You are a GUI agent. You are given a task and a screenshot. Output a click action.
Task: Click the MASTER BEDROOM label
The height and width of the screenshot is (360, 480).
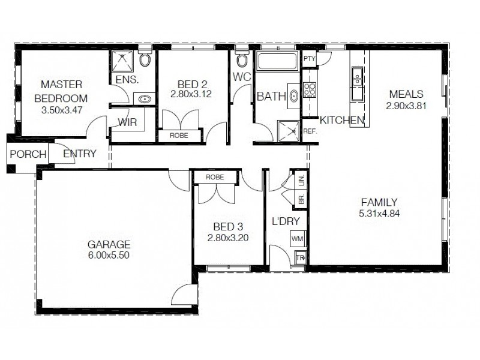click(x=61, y=91)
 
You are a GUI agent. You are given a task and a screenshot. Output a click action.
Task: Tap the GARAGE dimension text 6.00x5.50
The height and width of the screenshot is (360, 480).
click(x=109, y=255)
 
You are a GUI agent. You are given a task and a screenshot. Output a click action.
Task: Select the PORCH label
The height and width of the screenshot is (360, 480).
click(x=28, y=154)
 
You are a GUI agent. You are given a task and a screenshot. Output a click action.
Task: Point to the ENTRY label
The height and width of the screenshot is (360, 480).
click(x=79, y=154)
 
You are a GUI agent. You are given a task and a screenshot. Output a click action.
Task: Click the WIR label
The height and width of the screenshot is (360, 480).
click(x=127, y=122)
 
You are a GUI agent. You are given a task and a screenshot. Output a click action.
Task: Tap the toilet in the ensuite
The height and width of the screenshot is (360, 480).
click(x=145, y=59)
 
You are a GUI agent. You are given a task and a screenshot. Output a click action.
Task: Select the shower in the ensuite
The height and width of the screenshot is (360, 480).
click(x=123, y=62)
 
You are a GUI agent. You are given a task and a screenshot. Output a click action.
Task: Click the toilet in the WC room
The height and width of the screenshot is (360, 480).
click(x=242, y=59)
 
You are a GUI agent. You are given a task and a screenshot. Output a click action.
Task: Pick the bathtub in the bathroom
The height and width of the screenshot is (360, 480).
click(x=277, y=62)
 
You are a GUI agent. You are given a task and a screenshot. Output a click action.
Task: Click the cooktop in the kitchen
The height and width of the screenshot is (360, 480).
click(x=309, y=90)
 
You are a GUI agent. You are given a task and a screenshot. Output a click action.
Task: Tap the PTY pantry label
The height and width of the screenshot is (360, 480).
click(x=309, y=58)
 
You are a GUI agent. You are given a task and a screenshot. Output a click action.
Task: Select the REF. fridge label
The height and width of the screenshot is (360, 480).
click(x=310, y=130)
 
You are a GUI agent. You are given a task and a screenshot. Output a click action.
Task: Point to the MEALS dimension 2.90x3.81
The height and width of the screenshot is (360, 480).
click(x=406, y=105)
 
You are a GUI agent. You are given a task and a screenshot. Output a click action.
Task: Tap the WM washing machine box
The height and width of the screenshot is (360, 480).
click(x=297, y=239)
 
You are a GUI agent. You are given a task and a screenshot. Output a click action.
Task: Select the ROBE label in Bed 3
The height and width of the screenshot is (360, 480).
click(x=214, y=178)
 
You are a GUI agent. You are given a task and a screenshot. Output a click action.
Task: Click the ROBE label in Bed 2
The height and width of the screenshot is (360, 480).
click(x=178, y=136)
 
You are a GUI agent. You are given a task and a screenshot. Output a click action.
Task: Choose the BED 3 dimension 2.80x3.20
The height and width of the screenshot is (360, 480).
click(x=228, y=238)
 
